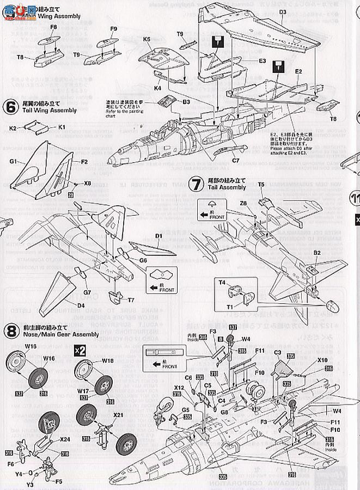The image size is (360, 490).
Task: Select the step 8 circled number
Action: click(x=10, y=330)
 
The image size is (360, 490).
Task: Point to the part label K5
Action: click(x=147, y=39)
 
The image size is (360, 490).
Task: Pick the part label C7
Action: click(x=236, y=161)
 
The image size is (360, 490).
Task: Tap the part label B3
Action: click(x=186, y=102)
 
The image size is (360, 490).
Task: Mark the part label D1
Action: click(x=159, y=236)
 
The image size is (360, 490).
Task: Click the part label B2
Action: click(x=316, y=253)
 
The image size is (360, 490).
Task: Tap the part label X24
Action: click(x=64, y=440)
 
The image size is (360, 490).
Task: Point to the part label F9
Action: click(x=113, y=28)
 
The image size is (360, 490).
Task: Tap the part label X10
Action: click(x=322, y=360)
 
